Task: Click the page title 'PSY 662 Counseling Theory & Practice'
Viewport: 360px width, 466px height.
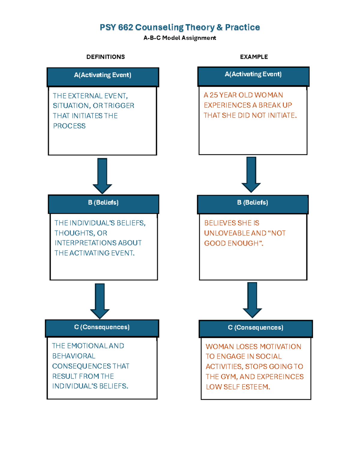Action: tap(180, 27)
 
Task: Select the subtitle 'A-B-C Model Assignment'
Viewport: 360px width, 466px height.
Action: tap(180, 38)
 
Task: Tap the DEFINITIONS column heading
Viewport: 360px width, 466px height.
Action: tap(106, 57)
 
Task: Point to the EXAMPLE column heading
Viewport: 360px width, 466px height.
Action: tap(254, 57)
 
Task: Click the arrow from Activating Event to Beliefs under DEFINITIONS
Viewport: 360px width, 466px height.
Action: tap(102, 176)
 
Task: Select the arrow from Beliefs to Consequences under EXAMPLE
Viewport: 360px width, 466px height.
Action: tap(252, 300)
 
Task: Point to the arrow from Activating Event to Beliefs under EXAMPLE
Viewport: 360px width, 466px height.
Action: tap(251, 175)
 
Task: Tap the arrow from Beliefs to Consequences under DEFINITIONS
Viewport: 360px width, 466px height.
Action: tap(100, 301)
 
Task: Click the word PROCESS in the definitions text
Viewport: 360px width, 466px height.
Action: tap(69, 126)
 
